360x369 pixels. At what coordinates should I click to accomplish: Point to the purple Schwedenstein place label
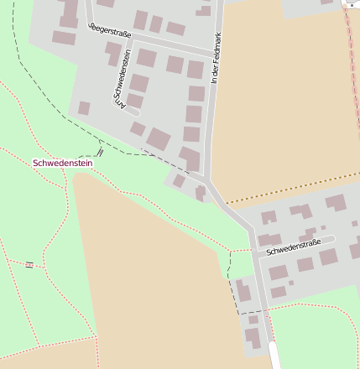click(x=62, y=163)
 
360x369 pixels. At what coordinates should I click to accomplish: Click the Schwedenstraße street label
click(x=295, y=247)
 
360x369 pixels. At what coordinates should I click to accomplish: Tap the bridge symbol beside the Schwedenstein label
click(x=100, y=152)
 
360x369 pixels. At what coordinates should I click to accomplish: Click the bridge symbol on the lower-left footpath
click(x=29, y=265)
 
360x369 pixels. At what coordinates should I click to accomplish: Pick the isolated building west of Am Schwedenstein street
click(x=84, y=108)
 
